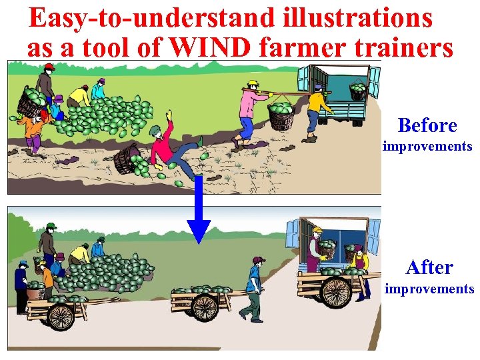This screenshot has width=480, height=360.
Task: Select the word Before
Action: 427,125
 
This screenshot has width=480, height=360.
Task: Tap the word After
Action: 429,267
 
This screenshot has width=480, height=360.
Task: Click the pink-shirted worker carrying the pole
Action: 247,110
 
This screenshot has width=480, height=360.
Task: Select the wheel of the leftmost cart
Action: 61,316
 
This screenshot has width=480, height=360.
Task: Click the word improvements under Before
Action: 427,146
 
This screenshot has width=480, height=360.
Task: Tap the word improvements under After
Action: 429,289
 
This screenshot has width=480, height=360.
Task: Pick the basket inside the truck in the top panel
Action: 358,91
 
